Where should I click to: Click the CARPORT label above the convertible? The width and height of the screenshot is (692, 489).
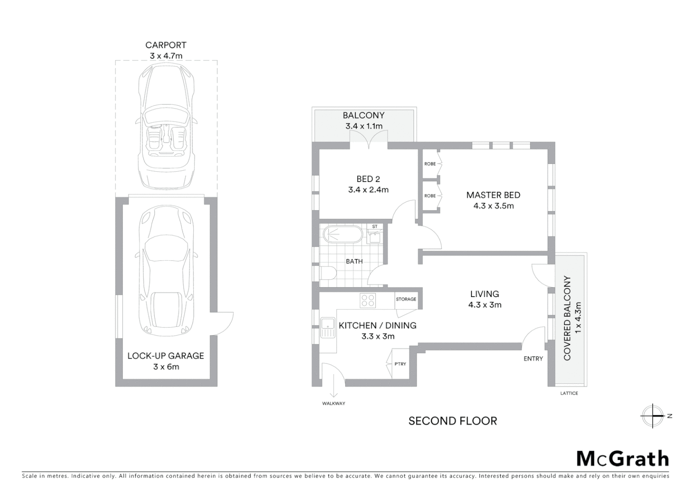[166, 45]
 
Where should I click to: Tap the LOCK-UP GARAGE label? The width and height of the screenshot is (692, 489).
[166, 356]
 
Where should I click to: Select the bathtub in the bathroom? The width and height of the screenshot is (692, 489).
[342, 235]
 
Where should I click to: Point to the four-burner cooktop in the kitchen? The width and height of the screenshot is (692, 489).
[367, 300]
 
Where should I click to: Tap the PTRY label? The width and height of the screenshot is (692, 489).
[400, 364]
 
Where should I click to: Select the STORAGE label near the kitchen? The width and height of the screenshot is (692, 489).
[406, 299]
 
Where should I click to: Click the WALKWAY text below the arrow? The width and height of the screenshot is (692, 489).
[334, 403]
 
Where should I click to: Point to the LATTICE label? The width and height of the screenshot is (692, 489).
[569, 393]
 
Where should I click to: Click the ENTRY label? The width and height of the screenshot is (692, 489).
[533, 359]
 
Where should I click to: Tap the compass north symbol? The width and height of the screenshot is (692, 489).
[653, 416]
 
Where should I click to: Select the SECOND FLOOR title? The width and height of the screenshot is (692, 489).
[452, 421]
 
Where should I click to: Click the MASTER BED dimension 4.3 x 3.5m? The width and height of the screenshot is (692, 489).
[494, 206]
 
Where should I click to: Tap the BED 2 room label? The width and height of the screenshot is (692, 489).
[368, 179]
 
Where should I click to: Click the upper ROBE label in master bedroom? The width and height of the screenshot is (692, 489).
[430, 164]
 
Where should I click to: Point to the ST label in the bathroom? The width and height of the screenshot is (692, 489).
[375, 226]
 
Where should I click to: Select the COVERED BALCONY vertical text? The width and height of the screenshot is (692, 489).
[567, 318]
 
